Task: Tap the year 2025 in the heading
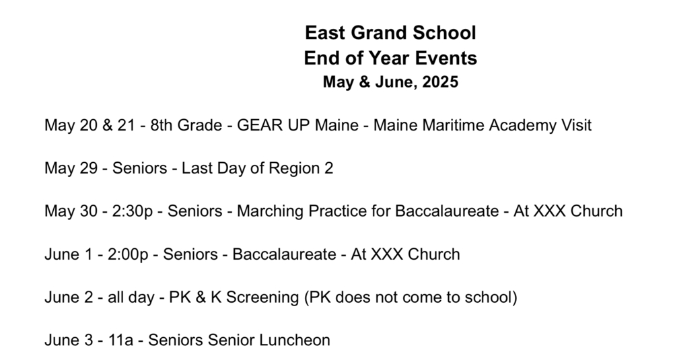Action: click(x=440, y=82)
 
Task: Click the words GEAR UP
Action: click(x=274, y=125)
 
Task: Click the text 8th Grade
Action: click(x=186, y=125)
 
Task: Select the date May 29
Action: click(x=71, y=168)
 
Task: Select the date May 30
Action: click(x=71, y=211)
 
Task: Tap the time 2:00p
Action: click(x=128, y=254)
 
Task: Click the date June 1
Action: click(x=68, y=254)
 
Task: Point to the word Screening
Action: click(x=262, y=297)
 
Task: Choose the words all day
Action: click(x=131, y=297)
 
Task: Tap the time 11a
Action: click(x=120, y=340)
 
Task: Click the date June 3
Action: click(x=68, y=340)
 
